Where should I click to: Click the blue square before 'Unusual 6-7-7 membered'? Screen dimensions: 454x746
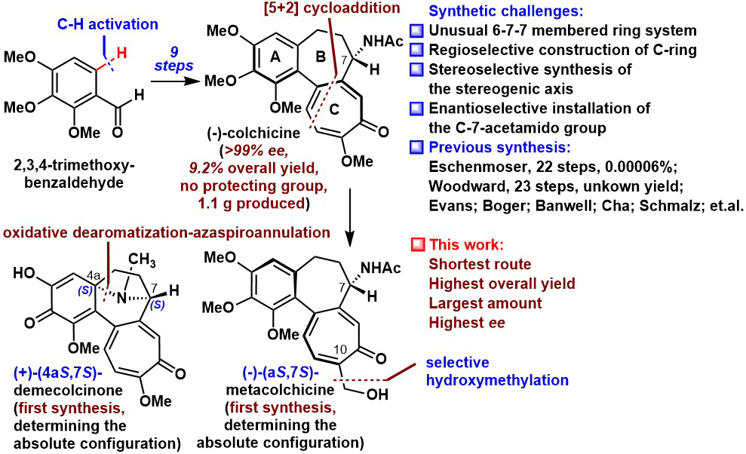tap(417, 33)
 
